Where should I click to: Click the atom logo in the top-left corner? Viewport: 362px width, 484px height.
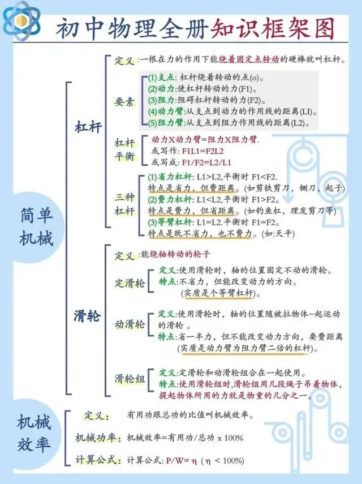(21, 21)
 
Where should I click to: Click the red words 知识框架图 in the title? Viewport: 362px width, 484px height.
(272, 28)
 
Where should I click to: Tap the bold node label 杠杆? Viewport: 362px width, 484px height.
(88, 127)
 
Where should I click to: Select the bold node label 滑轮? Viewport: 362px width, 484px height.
(87, 316)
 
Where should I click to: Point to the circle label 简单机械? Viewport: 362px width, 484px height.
(36, 227)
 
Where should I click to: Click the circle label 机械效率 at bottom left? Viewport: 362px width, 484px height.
(33, 433)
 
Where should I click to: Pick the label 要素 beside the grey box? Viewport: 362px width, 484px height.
(124, 101)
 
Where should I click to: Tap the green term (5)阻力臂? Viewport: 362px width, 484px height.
(166, 123)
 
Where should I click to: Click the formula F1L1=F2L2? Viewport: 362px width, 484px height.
(202, 151)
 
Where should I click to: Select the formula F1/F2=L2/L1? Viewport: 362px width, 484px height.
(206, 162)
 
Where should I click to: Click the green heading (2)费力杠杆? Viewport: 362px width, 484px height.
(170, 200)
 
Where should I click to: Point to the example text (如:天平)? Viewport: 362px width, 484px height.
(278, 234)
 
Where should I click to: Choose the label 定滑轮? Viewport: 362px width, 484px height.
(130, 283)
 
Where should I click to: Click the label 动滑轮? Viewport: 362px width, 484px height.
(130, 324)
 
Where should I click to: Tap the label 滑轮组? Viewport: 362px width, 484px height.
(130, 379)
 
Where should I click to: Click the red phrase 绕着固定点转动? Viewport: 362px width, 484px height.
(249, 59)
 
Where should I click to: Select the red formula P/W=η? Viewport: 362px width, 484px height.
(182, 461)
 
